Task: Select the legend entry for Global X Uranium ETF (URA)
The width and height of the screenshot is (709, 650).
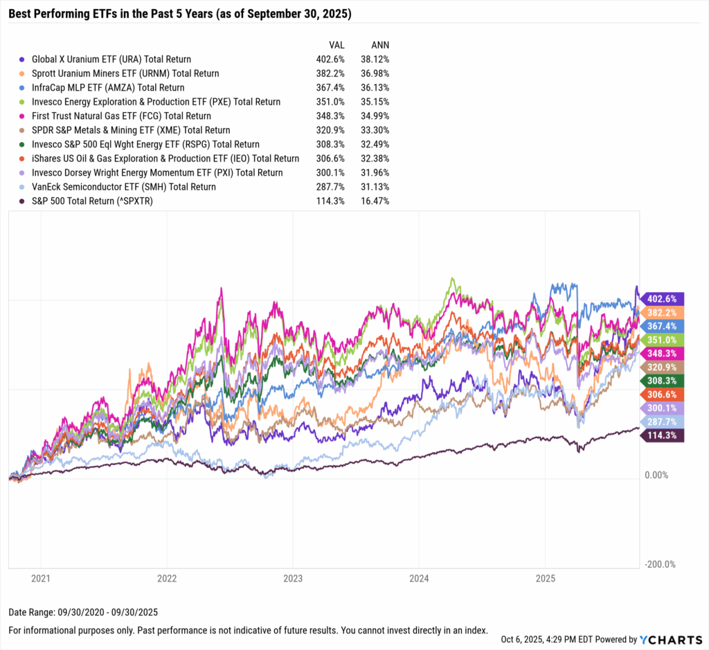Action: [105, 60]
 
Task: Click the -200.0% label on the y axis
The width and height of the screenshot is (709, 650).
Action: [659, 565]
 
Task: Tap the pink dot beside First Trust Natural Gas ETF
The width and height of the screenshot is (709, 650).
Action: [24, 116]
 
